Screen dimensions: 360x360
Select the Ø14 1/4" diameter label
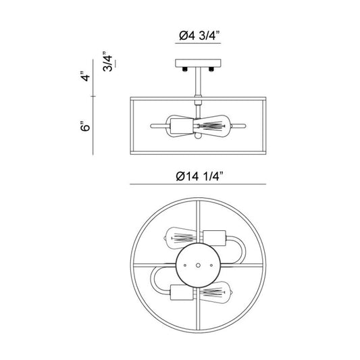click(199, 176)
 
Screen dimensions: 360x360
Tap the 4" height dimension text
click(85, 76)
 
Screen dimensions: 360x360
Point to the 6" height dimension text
click(85, 126)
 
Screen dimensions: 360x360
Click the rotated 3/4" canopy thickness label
click(107, 61)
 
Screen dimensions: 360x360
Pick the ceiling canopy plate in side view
click(198, 63)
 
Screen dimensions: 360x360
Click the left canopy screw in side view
click(185, 69)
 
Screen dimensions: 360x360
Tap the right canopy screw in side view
click(211, 69)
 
